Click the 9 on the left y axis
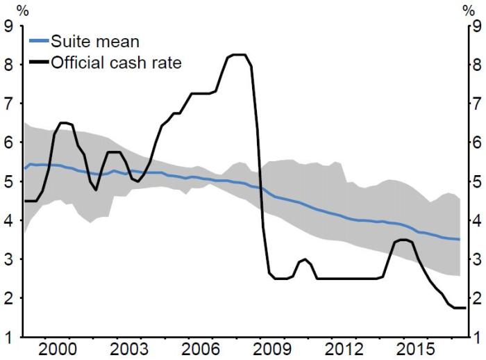9,27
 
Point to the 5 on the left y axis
9,181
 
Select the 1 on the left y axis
9,337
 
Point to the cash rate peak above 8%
238,55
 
